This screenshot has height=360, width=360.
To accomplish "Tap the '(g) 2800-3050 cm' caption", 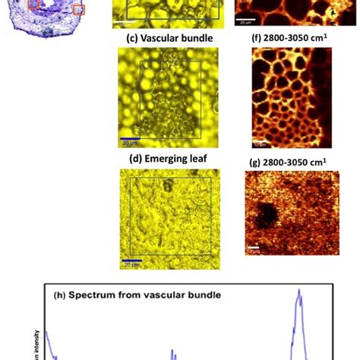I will click(283, 161).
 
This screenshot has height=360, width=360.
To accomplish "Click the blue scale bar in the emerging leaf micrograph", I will click(132, 263).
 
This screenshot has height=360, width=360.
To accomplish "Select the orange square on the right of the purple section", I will click(78, 10).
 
